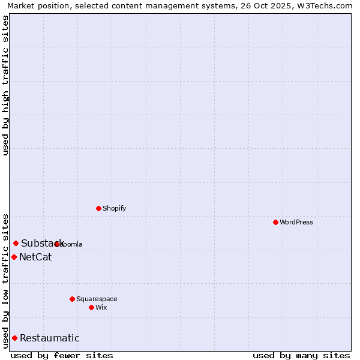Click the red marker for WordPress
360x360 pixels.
click(275, 222)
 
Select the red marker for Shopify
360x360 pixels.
click(98, 208)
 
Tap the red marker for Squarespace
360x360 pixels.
click(72, 299)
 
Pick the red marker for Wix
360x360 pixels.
click(91, 307)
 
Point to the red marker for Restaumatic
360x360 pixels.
click(14, 338)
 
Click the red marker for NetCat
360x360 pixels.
click(14, 257)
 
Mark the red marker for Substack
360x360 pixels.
click(16, 243)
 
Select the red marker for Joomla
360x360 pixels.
click(57, 244)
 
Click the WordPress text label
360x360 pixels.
click(296, 222)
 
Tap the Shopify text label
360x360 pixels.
click(114, 208)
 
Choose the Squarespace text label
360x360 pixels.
click(97, 299)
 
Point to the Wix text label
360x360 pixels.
click(101, 307)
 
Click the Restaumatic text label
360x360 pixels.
click(49, 338)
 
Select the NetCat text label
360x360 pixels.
click(35, 257)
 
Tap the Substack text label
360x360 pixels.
click(42, 243)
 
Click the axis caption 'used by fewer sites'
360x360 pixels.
click(62, 355)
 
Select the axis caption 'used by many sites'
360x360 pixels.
click(301, 355)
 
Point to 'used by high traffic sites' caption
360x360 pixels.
click(6, 85)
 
